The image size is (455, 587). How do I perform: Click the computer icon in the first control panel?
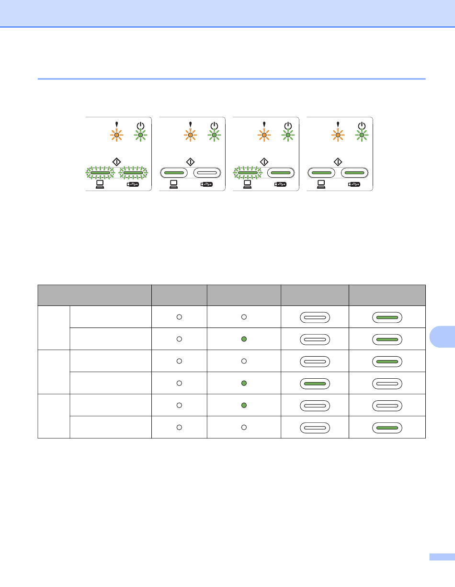pos(100,184)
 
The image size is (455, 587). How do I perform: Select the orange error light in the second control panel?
pos(190,135)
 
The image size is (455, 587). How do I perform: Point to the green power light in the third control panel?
pos(287,135)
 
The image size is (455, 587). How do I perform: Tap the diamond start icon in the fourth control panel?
pos(337,160)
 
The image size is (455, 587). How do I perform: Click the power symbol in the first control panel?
pos(140,125)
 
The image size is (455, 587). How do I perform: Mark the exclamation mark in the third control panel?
pos(264,125)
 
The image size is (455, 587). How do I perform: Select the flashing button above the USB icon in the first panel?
pos(133,172)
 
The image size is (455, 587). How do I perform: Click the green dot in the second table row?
pos(244,339)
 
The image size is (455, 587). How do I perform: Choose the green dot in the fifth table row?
pos(244,405)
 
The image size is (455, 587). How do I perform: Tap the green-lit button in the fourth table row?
pos(315,383)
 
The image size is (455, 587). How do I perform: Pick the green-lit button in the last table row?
pos(387,427)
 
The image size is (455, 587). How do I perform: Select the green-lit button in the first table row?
pos(387,317)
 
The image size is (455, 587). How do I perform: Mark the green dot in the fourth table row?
pos(244,383)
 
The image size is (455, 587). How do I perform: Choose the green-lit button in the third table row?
pos(387,361)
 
